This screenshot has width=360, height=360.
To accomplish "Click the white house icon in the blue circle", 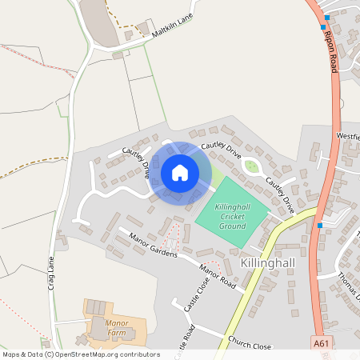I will pyautogui.click(x=180, y=173).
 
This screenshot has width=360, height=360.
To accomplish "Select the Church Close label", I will pyautogui.click(x=250, y=344).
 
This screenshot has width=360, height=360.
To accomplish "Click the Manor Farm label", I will pyautogui.click(x=117, y=328).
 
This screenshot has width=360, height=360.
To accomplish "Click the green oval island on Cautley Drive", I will pyautogui.click(x=253, y=166).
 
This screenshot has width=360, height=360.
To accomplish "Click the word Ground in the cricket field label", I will pyautogui.click(x=232, y=226).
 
